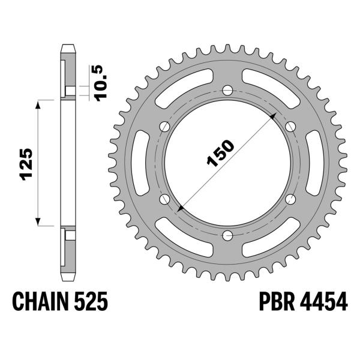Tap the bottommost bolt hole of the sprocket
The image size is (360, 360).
click(227, 235)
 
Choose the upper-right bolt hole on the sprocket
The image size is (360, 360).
click(290, 126)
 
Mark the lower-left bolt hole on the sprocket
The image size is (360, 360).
click(164, 199)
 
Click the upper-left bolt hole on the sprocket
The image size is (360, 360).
click(164, 126)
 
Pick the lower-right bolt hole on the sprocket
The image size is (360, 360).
click(290, 199)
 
